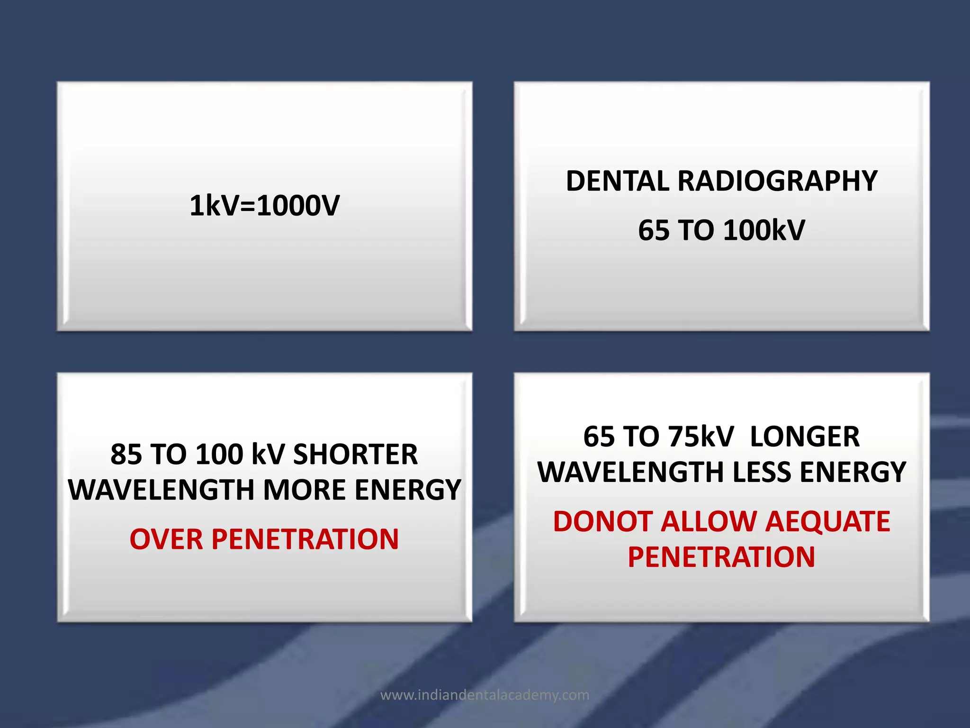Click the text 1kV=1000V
tap(264, 206)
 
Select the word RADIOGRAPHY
tap(777, 181)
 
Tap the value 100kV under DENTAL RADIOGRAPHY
tap(764, 230)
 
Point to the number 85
tap(126, 454)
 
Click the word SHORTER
tap(355, 454)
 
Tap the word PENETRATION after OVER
tap(305, 539)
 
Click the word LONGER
tap(805, 437)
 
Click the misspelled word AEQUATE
tap(827, 521)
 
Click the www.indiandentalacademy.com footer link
tap(485, 695)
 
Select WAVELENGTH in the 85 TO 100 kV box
tap(162, 490)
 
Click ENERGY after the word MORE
tap(408, 490)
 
